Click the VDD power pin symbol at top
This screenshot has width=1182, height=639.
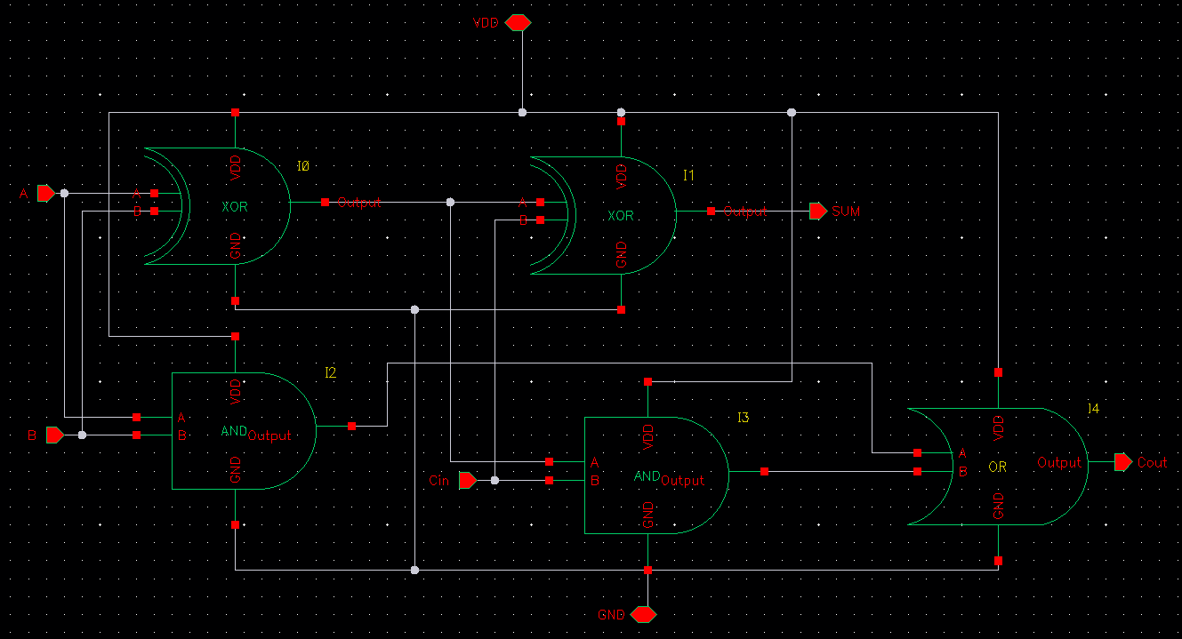pos(518,23)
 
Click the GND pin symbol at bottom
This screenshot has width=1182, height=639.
pos(643,614)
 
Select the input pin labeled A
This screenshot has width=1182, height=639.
pos(46,193)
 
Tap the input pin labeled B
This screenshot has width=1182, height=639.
pos(55,435)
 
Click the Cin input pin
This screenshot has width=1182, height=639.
pos(467,480)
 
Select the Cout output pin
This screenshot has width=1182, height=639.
pos(1122,462)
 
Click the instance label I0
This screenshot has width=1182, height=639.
pos(303,166)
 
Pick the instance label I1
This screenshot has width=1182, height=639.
pos(688,176)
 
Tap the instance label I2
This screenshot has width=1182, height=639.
pos(330,373)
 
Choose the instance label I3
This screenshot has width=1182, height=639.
pos(743,418)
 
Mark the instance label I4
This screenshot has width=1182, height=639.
pos(1093,408)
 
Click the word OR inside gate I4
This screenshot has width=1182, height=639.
pos(997,467)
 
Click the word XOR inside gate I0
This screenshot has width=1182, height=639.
pos(235,206)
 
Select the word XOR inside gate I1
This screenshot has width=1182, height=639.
pos(621,215)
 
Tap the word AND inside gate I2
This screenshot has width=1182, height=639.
pos(233,431)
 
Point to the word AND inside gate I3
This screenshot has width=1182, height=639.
pos(646,476)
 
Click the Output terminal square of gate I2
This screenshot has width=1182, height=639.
pos(352,427)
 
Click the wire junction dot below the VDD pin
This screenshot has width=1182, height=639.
pos(522,112)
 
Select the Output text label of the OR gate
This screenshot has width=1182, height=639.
pos(1059,462)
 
